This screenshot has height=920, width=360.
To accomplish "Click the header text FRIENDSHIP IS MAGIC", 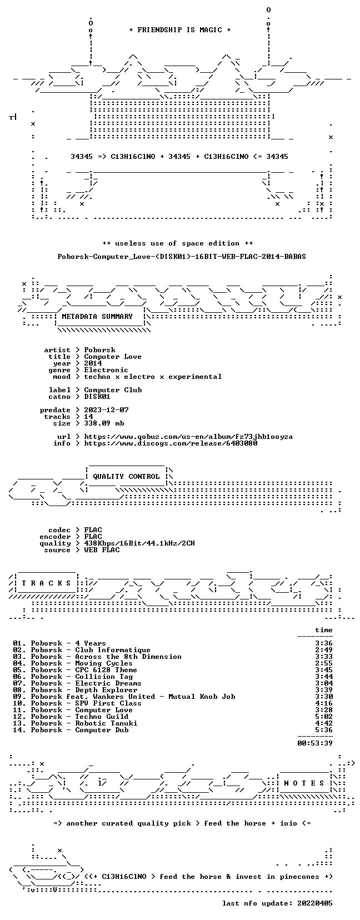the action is (x=180, y=30).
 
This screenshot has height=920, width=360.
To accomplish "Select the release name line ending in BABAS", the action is (x=182, y=257).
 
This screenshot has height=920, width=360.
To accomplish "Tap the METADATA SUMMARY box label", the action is (x=97, y=317).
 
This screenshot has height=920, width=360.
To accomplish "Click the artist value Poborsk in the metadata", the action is (x=100, y=350).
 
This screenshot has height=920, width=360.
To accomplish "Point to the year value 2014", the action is (x=93, y=363).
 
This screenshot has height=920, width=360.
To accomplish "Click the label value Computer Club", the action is (x=113, y=390).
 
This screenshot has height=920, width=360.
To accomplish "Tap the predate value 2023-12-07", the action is (x=106, y=410).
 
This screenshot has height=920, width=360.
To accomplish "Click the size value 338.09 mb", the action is (x=104, y=423).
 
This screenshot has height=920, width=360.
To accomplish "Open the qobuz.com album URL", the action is (x=188, y=437).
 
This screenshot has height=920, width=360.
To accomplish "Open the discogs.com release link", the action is (x=171, y=443).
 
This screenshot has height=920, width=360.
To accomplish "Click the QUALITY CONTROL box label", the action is (x=126, y=477).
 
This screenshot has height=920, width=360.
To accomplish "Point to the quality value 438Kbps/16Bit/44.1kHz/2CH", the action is (x=139, y=543).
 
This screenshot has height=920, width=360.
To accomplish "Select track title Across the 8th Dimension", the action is (x=128, y=657).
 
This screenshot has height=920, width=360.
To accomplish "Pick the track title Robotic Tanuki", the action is (x=106, y=723).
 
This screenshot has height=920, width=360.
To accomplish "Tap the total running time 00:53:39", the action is (x=315, y=743).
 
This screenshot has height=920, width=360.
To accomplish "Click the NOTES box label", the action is (x=304, y=783).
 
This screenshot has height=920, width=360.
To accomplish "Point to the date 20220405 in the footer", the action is (x=315, y=903).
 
